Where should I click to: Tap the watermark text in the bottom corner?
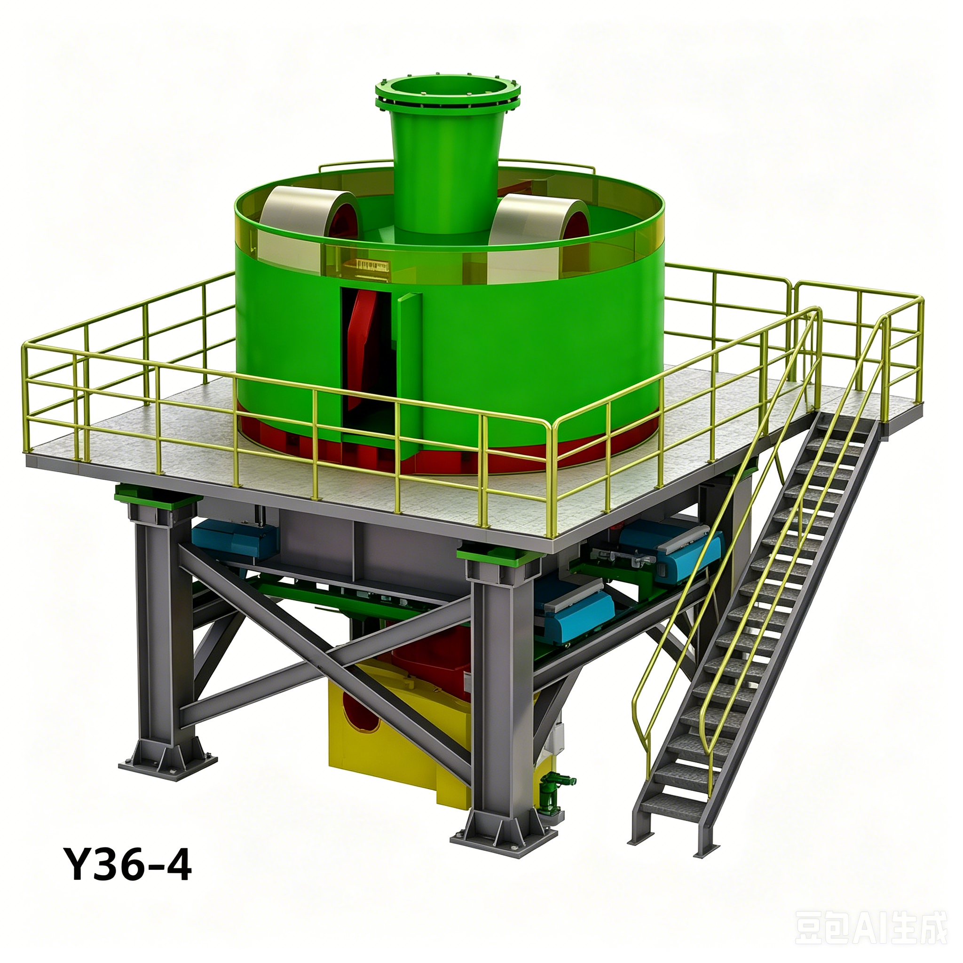click(x=870, y=927)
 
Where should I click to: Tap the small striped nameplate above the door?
click(x=371, y=265)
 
